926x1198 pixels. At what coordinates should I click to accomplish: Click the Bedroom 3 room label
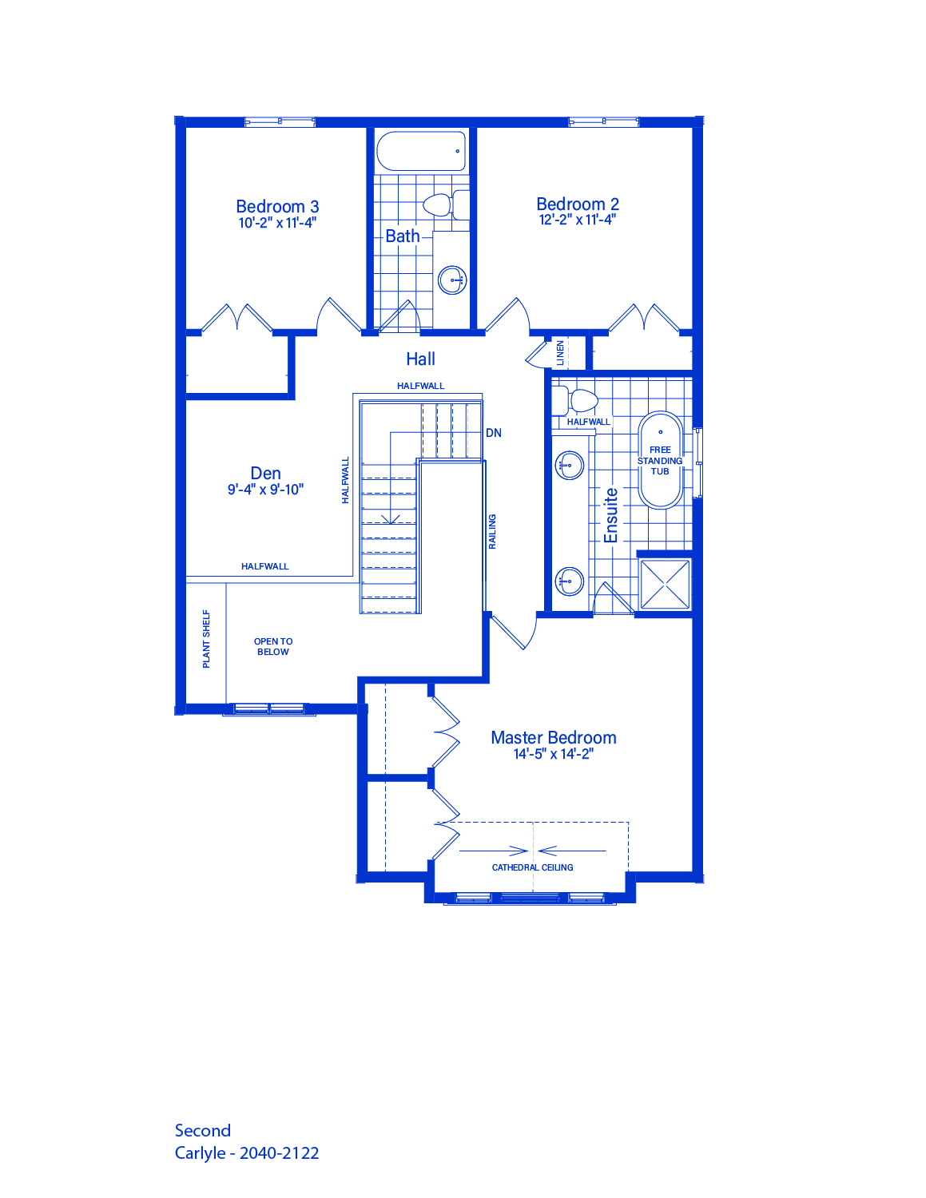(x=277, y=206)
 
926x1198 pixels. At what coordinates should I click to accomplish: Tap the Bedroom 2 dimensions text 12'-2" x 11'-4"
(x=578, y=220)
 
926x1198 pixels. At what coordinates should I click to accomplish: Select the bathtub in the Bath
(x=421, y=151)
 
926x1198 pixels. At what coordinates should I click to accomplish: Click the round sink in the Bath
(x=452, y=280)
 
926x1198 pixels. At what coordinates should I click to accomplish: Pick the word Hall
(x=420, y=359)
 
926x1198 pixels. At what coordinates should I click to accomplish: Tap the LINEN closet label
(x=560, y=353)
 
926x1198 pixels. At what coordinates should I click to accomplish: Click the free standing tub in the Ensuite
(x=660, y=460)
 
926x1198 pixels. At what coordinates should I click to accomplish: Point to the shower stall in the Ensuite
(x=665, y=585)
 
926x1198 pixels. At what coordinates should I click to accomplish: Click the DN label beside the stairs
(x=494, y=434)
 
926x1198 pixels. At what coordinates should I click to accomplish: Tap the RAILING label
(x=492, y=531)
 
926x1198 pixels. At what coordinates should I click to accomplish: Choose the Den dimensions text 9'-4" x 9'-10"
(x=265, y=490)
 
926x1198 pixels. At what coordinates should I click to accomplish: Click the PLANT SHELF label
(x=206, y=639)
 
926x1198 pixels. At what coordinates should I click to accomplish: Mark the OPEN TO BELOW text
(x=273, y=647)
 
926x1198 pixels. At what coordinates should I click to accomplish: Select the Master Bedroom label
(x=553, y=738)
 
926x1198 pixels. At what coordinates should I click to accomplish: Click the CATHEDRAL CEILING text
(x=532, y=867)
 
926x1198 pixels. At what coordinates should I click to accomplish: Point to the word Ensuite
(x=610, y=515)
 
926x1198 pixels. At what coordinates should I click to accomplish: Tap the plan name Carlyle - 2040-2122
(x=247, y=1152)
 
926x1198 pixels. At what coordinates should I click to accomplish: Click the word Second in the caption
(x=202, y=1130)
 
